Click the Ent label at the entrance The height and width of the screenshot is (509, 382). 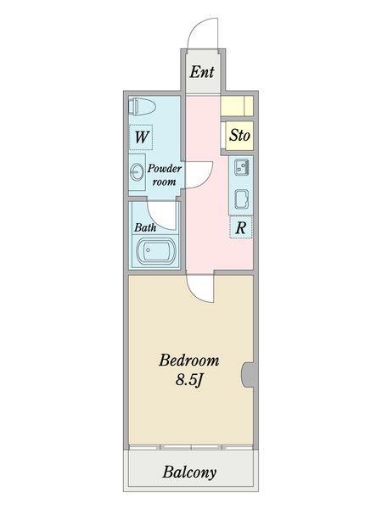coord(202,72)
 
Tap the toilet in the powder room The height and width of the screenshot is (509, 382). coord(143,106)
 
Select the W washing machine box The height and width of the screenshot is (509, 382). coord(141,137)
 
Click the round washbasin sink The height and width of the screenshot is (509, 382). coord(137,171)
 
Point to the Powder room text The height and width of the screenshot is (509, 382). coord(165,175)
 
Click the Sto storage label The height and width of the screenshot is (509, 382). coord(239,135)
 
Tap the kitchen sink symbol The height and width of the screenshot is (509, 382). coord(241,167)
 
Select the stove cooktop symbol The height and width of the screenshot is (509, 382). coord(241,199)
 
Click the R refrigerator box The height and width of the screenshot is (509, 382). coord(241,227)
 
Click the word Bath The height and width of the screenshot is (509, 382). coord(145,227)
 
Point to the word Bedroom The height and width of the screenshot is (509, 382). coord(189,361)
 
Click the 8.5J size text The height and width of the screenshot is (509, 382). coord(189,379)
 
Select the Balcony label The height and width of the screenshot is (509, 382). coord(189,473)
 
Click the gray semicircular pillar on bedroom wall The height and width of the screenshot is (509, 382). coord(248,375)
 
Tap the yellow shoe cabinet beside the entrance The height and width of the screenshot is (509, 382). coord(237,106)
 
